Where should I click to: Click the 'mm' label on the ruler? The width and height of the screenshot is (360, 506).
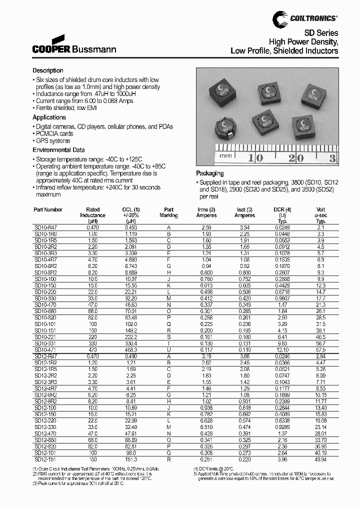[226, 156]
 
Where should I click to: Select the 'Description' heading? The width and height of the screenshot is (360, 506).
[48, 70]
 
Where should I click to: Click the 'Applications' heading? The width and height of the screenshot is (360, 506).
[49, 117]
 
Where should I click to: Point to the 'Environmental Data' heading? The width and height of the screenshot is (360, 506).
[58, 150]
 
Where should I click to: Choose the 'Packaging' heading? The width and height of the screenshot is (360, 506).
[210, 173]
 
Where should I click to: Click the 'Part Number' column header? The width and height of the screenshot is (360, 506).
[48, 209]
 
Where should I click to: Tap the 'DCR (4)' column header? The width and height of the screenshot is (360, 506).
[282, 209]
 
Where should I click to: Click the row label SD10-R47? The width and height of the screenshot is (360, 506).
[45, 226]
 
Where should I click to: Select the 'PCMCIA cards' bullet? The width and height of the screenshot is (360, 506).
[54, 133]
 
